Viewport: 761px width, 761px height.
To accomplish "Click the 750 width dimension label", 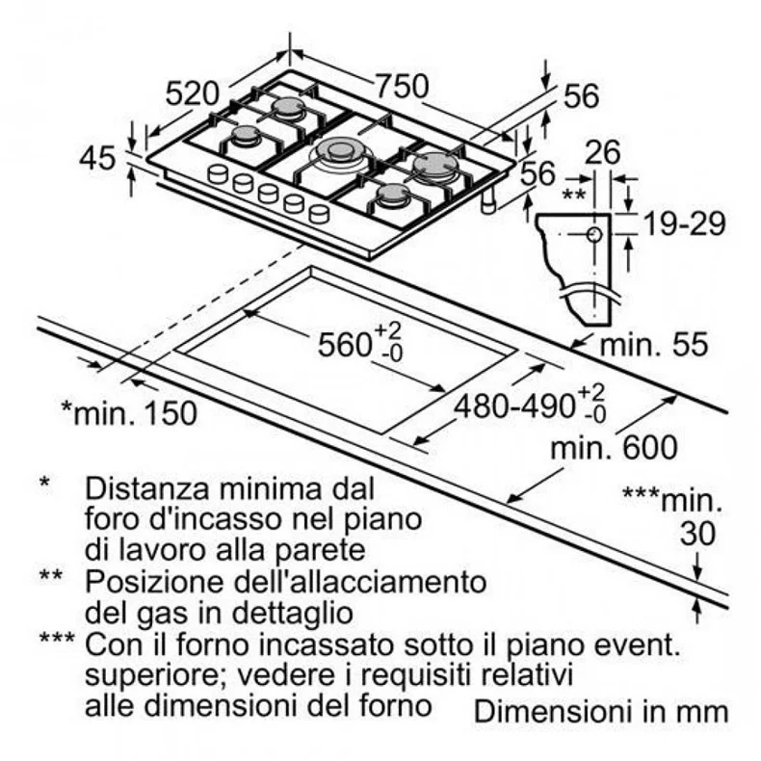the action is click(403, 87).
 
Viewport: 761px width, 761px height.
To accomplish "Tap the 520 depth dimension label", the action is click(193, 93).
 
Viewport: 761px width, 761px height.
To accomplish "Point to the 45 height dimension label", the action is click(97, 158).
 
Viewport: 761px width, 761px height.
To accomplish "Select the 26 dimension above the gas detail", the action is click(602, 152).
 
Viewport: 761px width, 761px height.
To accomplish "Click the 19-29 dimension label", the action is click(684, 223).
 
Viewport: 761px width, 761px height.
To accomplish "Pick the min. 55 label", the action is click(654, 345).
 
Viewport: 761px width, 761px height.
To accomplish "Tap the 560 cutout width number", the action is click(345, 345).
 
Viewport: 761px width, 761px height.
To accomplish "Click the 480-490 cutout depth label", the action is click(514, 406).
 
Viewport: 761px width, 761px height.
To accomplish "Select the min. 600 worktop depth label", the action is click(614, 448).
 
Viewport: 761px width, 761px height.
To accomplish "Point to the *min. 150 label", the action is click(129, 413).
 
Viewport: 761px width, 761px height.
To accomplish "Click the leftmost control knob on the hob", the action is click(218, 173).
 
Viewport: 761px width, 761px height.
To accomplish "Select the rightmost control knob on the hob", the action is click(319, 213).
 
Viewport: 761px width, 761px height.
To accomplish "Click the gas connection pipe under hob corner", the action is click(488, 200).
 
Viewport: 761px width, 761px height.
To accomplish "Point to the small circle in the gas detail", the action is click(594, 235).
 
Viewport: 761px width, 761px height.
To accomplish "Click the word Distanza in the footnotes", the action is click(148, 488).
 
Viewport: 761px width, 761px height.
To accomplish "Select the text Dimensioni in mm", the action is click(601, 712).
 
